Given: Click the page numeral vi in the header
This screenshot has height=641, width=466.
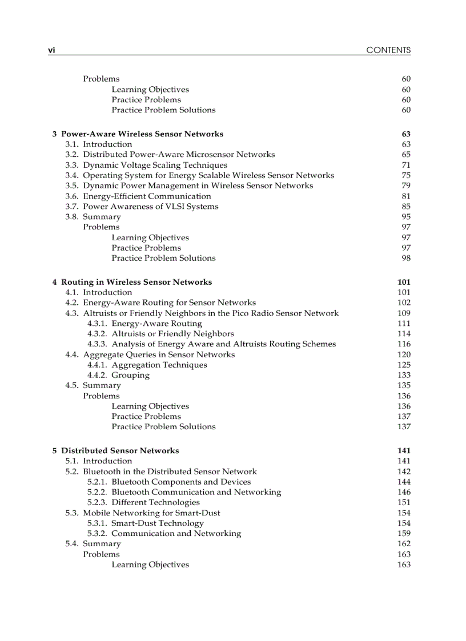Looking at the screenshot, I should [x=51, y=50].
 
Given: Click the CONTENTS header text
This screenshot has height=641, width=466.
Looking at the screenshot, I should [x=388, y=50].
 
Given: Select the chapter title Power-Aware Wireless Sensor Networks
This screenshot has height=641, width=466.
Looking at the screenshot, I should [x=142, y=134].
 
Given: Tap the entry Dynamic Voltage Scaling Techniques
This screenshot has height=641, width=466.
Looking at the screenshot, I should [x=155, y=165].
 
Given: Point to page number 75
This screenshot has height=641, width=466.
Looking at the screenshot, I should [x=406, y=175].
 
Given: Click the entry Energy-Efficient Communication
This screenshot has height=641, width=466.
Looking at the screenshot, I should [x=147, y=196].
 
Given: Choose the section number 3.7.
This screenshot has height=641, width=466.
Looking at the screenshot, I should [x=72, y=207].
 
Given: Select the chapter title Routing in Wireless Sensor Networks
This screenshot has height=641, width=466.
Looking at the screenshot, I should [x=136, y=282].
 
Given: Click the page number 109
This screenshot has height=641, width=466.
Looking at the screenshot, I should [x=404, y=313].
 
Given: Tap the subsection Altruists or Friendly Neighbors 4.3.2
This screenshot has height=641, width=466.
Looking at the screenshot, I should [x=172, y=334].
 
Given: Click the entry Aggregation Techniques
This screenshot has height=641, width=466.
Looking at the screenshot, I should [x=159, y=365].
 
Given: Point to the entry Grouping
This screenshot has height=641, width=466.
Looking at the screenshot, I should [x=131, y=376].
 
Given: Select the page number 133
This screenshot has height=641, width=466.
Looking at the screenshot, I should [x=404, y=376].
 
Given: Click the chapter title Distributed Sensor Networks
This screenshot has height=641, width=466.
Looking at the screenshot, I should [x=120, y=451].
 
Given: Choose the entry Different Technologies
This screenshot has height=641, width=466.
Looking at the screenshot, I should [x=155, y=503].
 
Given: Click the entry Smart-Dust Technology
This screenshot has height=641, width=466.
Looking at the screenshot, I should [x=158, y=523].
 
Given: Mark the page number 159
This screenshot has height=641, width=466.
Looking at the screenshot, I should [x=404, y=534].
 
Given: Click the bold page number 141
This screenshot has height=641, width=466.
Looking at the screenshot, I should [x=404, y=451].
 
